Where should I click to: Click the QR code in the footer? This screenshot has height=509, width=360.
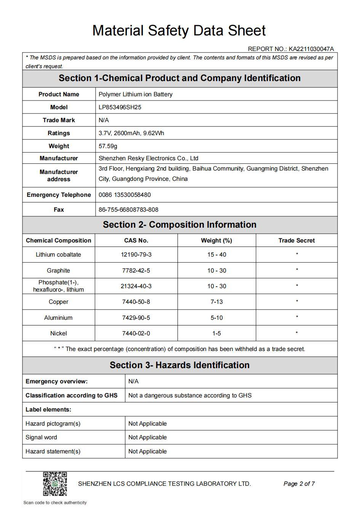55,483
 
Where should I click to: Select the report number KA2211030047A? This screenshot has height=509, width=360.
311,49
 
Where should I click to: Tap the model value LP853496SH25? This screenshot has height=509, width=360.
120,107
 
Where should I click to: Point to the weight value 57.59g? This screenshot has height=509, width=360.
108,146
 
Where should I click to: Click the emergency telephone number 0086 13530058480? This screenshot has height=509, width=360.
125,195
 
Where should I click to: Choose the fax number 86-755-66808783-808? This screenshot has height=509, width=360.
128,210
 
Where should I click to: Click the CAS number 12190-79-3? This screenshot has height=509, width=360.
136,255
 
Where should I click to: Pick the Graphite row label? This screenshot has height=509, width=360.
58,271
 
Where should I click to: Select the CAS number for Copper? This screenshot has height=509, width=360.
136,302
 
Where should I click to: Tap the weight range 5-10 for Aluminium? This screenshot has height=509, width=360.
216,318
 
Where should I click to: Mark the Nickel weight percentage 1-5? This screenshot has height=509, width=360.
216,333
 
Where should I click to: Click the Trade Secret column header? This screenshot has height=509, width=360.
296,241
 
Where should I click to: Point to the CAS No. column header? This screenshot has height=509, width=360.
136,241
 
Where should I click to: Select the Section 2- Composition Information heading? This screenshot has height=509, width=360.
179,225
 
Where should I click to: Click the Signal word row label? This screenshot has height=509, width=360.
41,437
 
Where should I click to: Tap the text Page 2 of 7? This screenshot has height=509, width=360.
299,484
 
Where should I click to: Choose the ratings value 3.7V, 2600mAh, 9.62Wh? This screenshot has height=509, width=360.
131,133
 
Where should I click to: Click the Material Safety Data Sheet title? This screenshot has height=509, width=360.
179,30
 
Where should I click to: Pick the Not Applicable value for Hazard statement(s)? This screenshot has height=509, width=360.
147,452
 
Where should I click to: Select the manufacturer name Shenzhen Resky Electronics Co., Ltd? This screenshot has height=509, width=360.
148,158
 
